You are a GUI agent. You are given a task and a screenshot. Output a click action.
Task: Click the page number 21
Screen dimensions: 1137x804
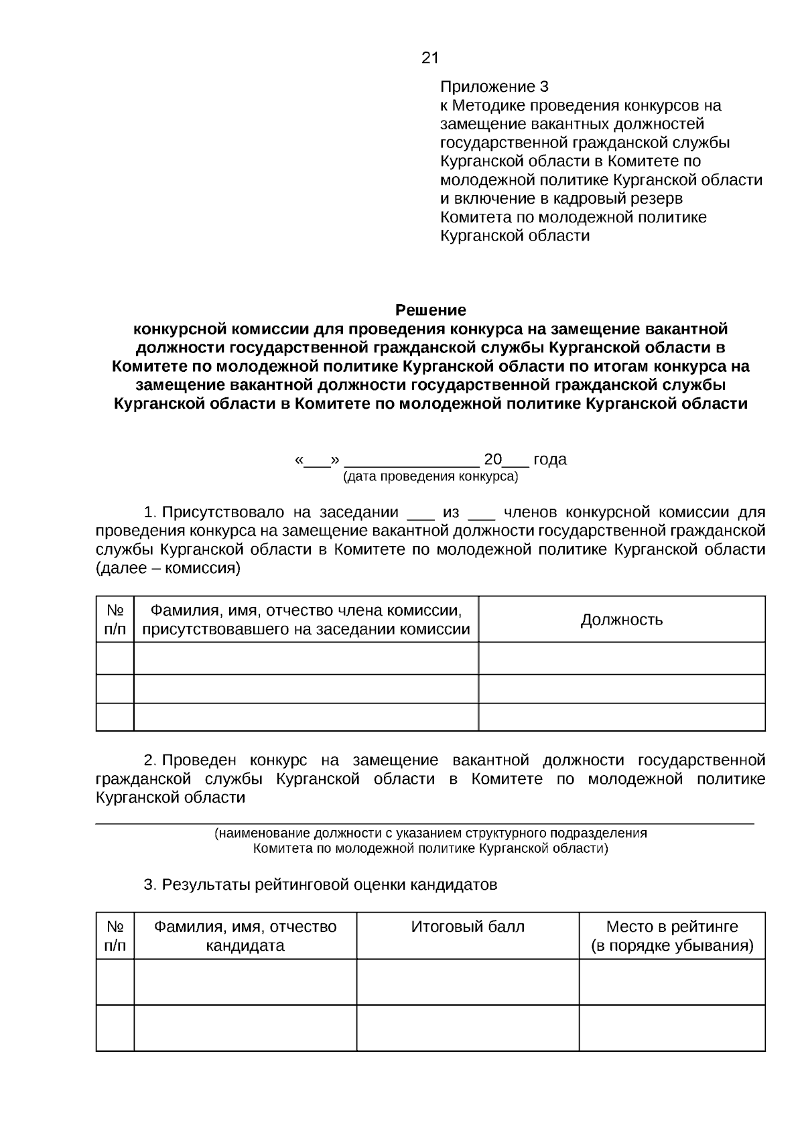coord(429,58)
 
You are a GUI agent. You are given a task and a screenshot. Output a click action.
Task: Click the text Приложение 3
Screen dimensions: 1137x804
coord(494,87)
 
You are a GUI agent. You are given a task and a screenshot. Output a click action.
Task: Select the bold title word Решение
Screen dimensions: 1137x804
coord(430,310)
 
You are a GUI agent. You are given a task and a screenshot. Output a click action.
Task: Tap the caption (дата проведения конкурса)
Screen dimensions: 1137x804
coord(430,477)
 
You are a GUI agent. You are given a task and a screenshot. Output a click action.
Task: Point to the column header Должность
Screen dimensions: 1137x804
coord(621,620)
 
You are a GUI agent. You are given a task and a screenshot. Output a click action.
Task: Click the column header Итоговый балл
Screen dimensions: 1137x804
coord(467,927)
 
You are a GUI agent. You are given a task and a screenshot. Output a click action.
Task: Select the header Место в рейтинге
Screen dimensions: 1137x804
coord(671,927)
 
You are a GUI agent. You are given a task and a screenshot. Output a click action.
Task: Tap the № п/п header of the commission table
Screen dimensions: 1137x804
coord(115,620)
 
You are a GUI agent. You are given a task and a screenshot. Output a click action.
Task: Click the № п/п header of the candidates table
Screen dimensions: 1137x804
coord(115,936)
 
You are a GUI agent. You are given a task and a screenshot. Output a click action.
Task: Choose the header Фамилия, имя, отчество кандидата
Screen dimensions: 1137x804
coord(245,936)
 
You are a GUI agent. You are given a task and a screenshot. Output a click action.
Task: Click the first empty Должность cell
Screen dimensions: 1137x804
coord(621,658)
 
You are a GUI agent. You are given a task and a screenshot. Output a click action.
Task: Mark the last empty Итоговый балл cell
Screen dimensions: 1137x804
coord(467,1027)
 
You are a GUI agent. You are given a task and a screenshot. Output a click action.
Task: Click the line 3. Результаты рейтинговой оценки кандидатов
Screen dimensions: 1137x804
coord(320,885)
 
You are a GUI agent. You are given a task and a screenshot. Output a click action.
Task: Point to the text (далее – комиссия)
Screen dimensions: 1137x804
coord(167,569)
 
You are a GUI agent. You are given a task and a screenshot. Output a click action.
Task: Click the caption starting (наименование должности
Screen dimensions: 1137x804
coord(430,833)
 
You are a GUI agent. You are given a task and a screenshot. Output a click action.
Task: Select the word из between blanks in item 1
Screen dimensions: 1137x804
coord(451,513)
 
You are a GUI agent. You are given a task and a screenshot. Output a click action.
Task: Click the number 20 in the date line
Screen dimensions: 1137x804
coord(492,460)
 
